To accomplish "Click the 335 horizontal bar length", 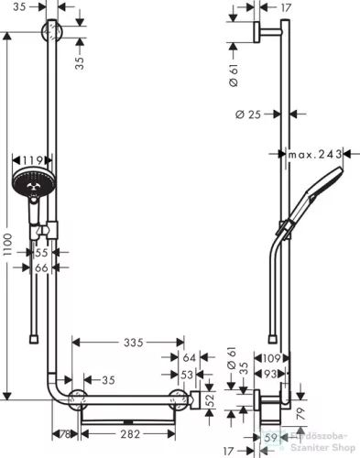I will [x=135, y=343].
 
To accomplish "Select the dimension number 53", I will [x=186, y=374].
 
